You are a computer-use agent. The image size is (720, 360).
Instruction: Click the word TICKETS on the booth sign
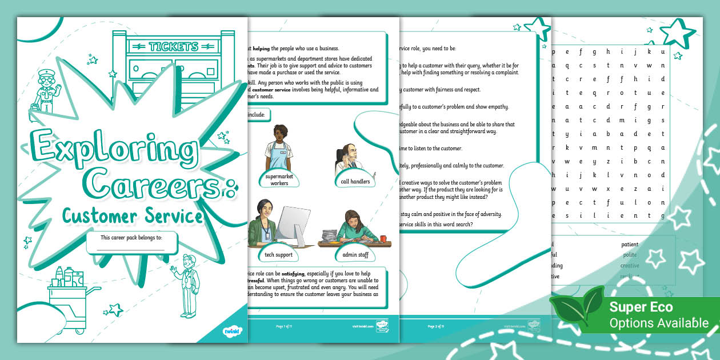point(173,46)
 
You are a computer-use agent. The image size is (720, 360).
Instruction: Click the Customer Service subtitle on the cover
point(133,215)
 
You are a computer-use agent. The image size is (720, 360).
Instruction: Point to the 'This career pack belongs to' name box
point(132,242)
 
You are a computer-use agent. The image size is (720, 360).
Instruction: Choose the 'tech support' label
point(278,254)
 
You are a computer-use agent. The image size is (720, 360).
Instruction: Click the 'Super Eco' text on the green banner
point(640,307)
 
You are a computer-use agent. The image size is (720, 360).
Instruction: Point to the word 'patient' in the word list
point(630,245)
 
